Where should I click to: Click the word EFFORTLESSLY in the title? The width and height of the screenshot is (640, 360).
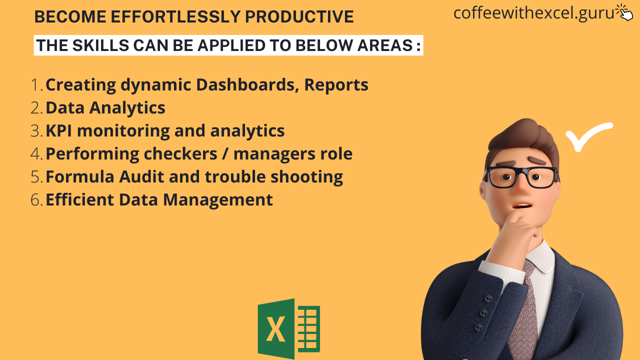(175, 16)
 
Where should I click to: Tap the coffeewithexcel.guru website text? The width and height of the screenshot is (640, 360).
(533, 13)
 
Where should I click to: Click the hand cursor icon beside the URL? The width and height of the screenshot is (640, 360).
(624, 12)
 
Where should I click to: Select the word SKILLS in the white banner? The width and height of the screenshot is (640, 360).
(101, 45)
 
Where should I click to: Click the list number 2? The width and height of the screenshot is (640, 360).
(36, 108)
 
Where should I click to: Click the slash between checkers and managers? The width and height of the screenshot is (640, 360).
(225, 153)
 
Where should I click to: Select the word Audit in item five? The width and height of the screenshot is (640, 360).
(141, 177)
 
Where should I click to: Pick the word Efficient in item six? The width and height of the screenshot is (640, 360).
(79, 199)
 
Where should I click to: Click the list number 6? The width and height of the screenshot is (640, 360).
(36, 199)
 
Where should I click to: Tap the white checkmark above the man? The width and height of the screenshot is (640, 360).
(589, 136)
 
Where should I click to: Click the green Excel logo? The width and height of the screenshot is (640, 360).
(289, 329)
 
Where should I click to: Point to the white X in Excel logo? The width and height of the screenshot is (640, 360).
(275, 329)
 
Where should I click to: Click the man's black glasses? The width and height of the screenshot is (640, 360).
(521, 177)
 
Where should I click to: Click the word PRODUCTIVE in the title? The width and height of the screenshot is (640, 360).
(299, 16)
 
